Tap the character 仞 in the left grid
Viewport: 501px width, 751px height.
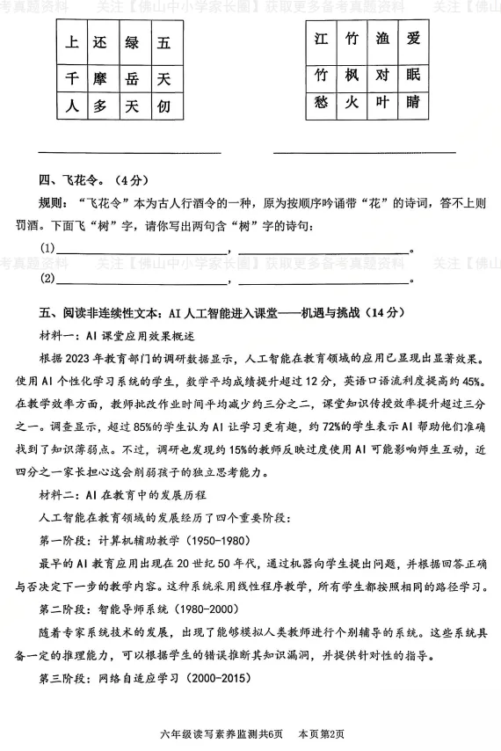coord(163,107)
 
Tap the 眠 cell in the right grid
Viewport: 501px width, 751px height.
coord(414,75)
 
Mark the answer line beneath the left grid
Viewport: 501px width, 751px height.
coord(127,151)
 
